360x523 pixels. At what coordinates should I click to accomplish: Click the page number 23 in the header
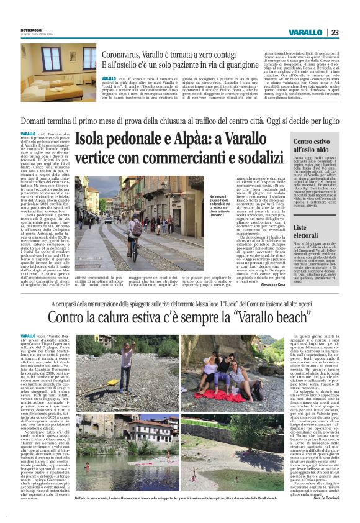335,32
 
